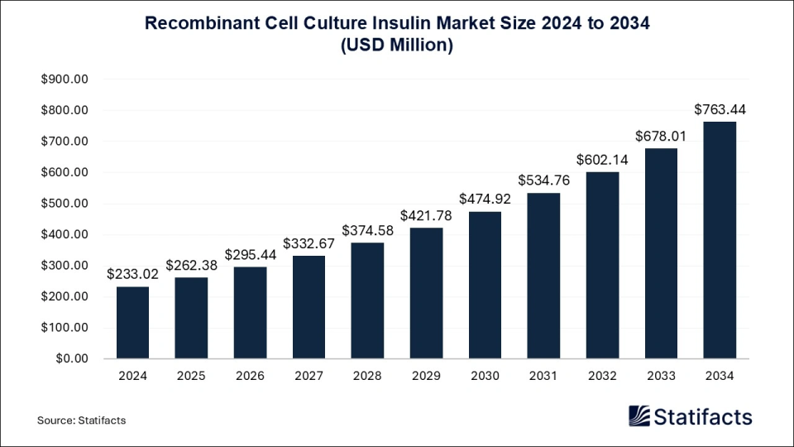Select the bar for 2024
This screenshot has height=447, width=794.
(132, 322)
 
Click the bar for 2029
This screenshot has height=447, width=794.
(426, 293)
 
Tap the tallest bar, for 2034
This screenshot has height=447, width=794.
(720, 240)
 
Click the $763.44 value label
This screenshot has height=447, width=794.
(720, 109)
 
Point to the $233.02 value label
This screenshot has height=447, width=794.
(132, 274)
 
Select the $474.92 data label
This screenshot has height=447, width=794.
(485, 199)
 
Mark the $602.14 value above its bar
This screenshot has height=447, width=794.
(602, 160)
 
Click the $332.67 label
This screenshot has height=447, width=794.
(309, 243)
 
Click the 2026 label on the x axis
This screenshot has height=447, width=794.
(250, 377)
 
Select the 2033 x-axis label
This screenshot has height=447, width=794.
(661, 377)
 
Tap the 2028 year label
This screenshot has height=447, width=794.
(367, 377)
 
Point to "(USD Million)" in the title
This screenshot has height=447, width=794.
(397, 46)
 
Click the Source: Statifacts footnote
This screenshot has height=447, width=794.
(81, 421)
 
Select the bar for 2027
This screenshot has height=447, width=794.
(309, 307)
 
